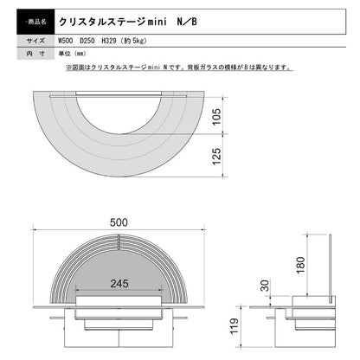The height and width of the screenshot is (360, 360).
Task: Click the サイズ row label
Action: pyautogui.click(x=25, y=40)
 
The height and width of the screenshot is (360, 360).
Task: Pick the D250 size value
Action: pyautogui.click(x=93, y=40)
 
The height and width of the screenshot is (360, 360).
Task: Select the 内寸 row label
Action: pyautogui.click(x=25, y=54)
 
